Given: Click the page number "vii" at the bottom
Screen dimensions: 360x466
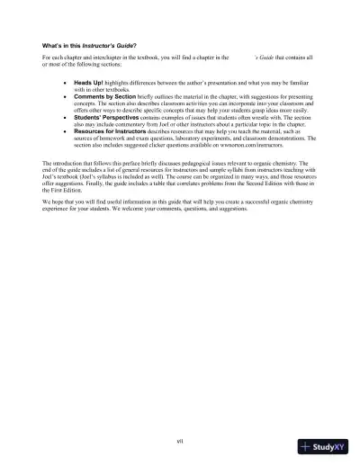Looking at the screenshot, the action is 180,439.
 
